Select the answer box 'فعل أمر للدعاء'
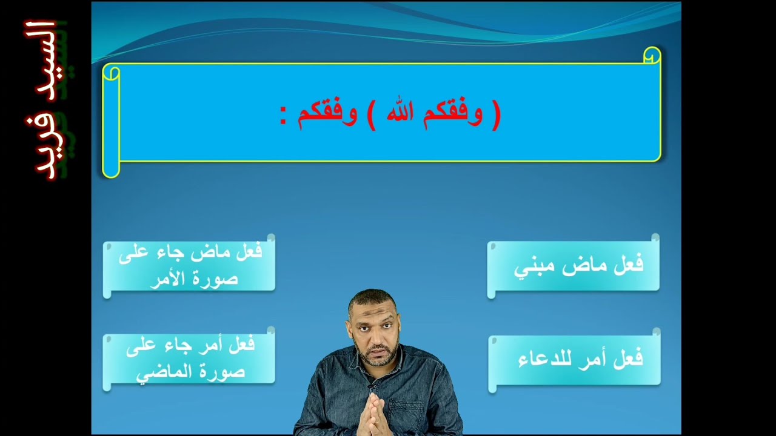(574, 359)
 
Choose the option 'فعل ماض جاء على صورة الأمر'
(189, 265)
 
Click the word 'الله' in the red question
(400, 114)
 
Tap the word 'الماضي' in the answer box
(158, 372)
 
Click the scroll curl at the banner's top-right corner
(652, 56)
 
